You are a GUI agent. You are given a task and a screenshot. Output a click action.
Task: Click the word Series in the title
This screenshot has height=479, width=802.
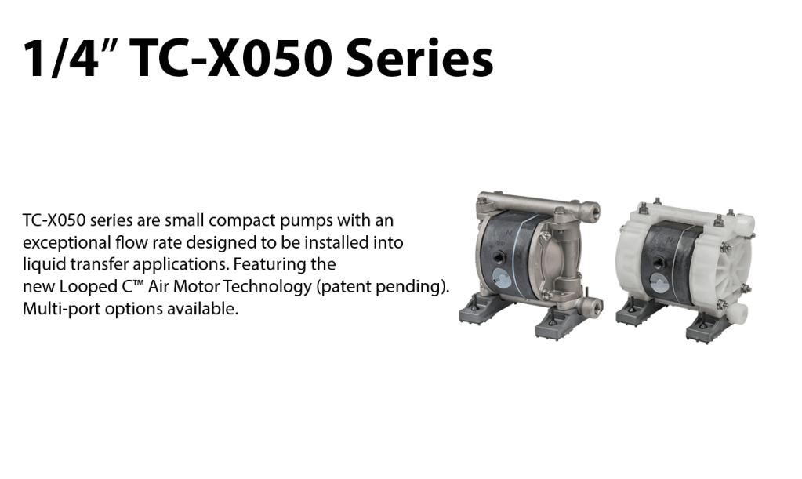coord(419,58)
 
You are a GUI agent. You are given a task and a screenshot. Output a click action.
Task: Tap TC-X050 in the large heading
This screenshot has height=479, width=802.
coord(231,58)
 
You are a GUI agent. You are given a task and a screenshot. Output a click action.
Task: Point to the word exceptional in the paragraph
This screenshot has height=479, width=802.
coord(67,242)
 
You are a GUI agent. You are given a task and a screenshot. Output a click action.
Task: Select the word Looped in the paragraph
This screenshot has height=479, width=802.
coord(88,287)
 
